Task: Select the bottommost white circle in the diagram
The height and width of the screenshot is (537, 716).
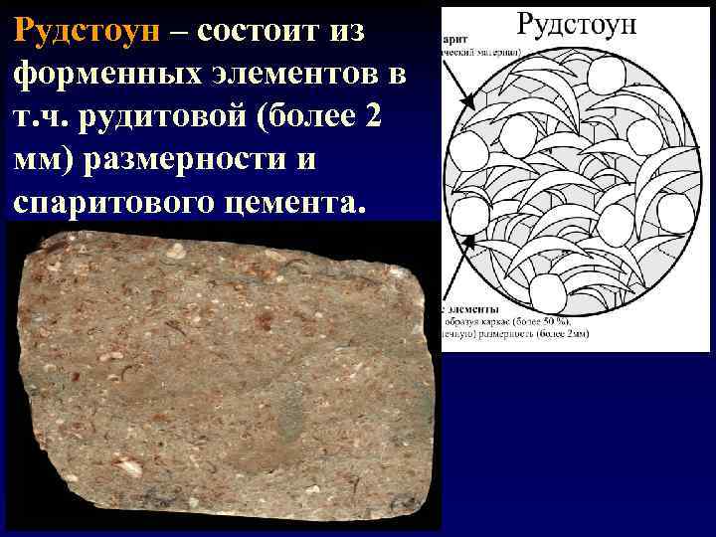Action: [x=546, y=293]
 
